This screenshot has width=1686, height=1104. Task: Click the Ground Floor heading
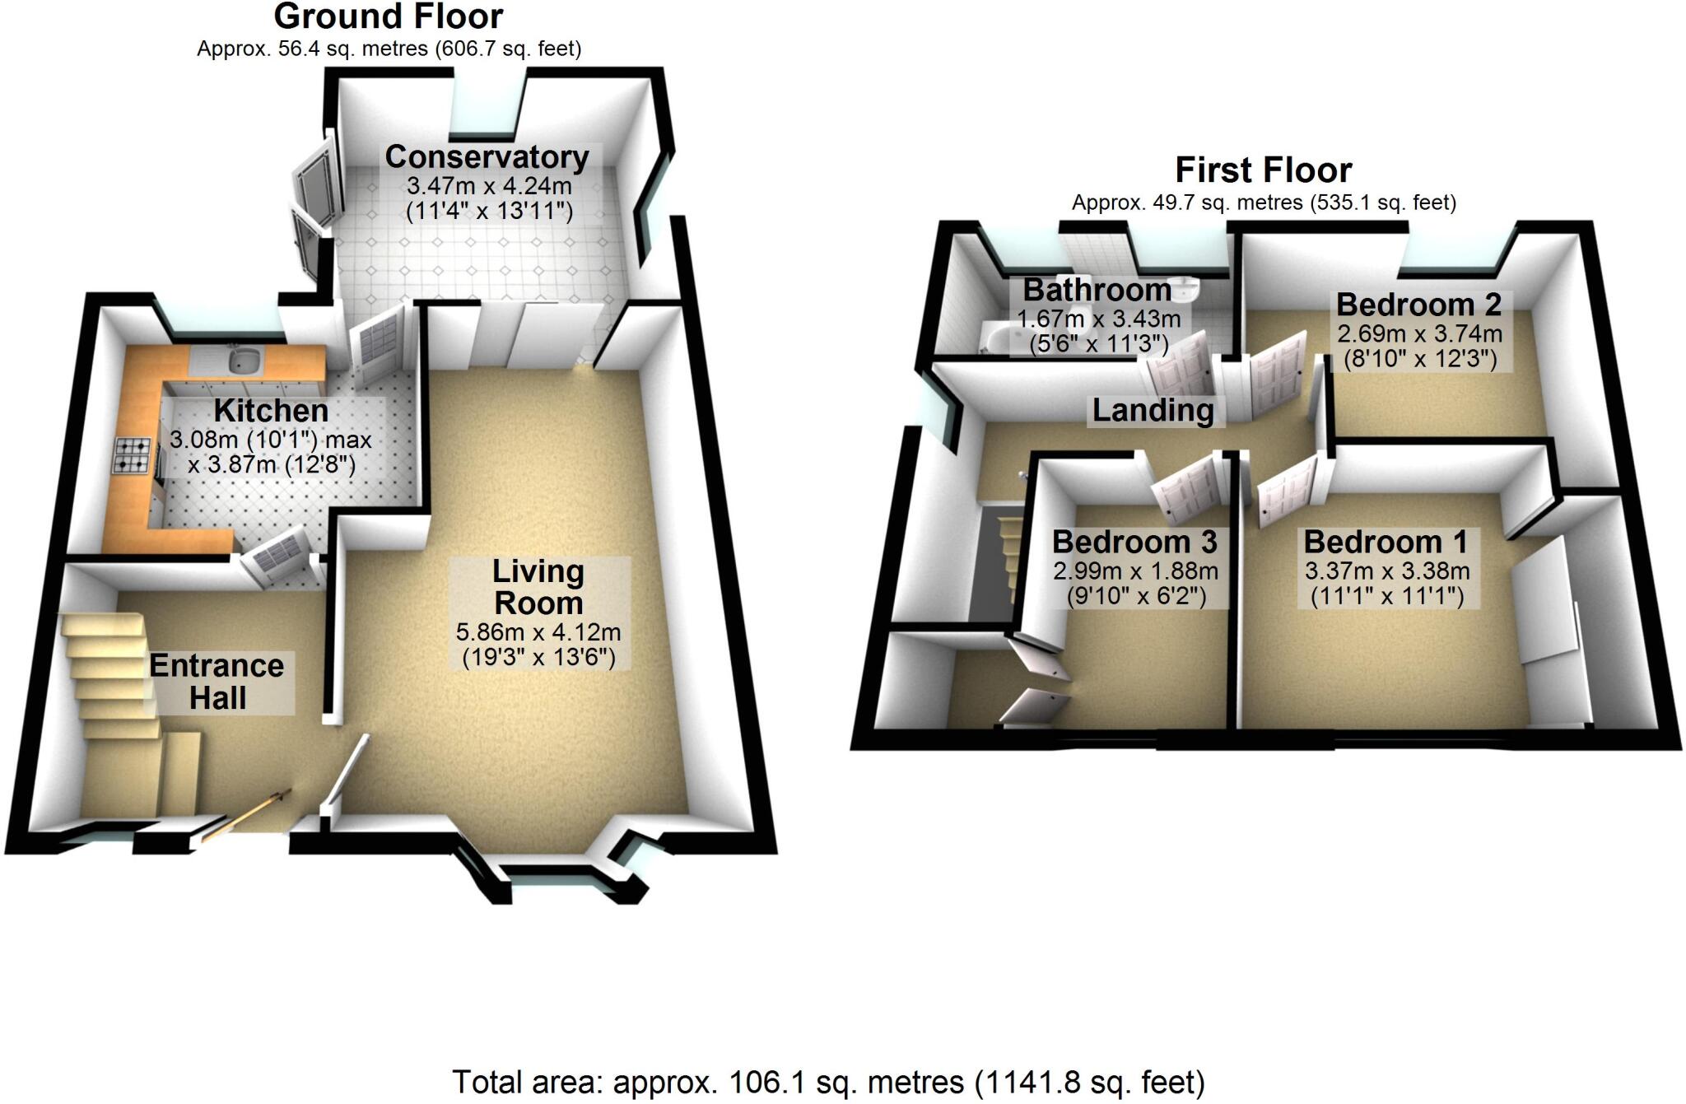pyautogui.click(x=388, y=16)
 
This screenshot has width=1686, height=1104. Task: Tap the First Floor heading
pyautogui.click(x=1263, y=170)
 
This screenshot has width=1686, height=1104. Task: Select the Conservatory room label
pyautogui.click(x=487, y=156)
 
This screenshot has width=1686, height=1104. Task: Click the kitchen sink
pyautogui.click(x=245, y=359)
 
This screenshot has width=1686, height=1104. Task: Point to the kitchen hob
pyautogui.click(x=132, y=454)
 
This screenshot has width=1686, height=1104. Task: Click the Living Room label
pyautogui.click(x=538, y=587)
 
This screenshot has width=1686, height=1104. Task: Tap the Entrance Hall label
pyautogui.click(x=217, y=682)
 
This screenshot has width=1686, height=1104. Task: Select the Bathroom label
pyautogui.click(x=1097, y=290)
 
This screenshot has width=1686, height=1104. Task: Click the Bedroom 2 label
pyautogui.click(x=1418, y=305)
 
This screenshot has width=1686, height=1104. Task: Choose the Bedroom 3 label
pyautogui.click(x=1134, y=542)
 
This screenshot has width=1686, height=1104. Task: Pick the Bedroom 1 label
pyautogui.click(x=1386, y=542)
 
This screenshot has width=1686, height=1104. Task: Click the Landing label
pyautogui.click(x=1153, y=410)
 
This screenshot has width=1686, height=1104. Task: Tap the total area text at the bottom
pyautogui.click(x=828, y=1082)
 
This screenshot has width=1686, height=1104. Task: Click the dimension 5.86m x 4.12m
pyautogui.click(x=538, y=632)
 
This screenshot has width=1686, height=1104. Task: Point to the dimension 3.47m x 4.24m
pyautogui.click(x=489, y=185)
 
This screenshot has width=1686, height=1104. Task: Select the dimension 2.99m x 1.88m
pyautogui.click(x=1135, y=571)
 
